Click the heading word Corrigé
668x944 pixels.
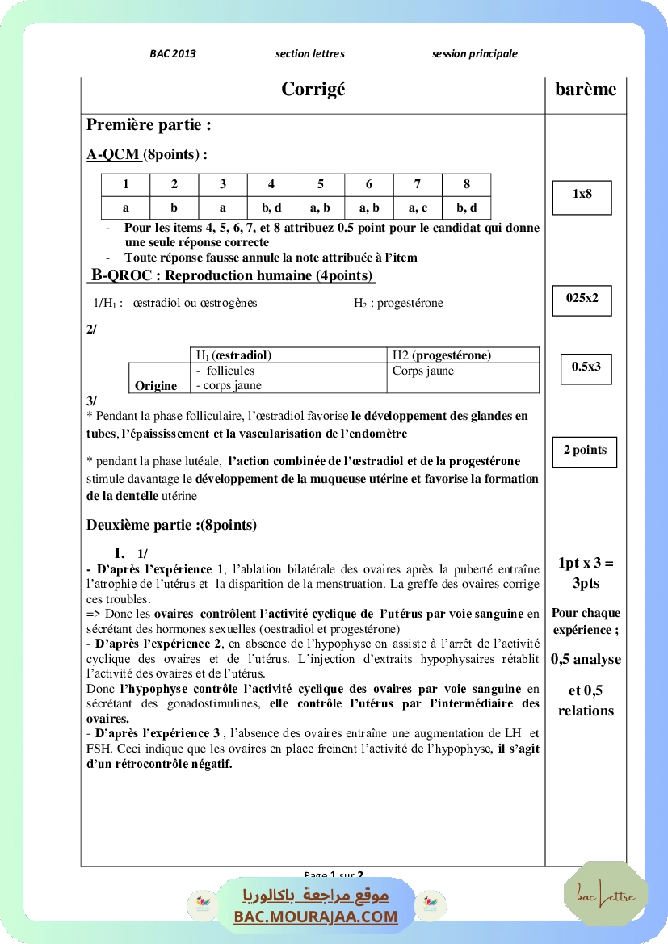[x=313, y=90]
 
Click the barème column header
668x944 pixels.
[x=586, y=90]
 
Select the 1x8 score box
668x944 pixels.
[x=582, y=195]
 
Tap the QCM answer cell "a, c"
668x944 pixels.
[x=418, y=208]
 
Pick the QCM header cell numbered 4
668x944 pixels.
[x=271, y=184]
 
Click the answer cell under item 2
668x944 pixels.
[x=174, y=208]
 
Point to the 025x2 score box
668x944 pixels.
[x=582, y=298]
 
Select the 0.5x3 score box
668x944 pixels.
[x=586, y=367]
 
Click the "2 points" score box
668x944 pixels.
[x=585, y=451]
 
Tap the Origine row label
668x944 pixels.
[x=156, y=386]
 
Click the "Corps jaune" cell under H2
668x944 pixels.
[x=423, y=371]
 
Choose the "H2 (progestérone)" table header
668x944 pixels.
[x=442, y=355]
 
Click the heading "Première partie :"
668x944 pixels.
[x=149, y=125]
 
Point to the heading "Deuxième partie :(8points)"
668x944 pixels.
[x=171, y=525]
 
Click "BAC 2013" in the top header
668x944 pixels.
[x=173, y=54]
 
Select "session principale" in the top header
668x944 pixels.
[x=475, y=54]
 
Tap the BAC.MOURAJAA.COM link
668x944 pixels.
[x=316, y=917]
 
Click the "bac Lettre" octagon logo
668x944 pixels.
[x=606, y=894]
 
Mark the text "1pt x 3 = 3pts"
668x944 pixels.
[x=586, y=573]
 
